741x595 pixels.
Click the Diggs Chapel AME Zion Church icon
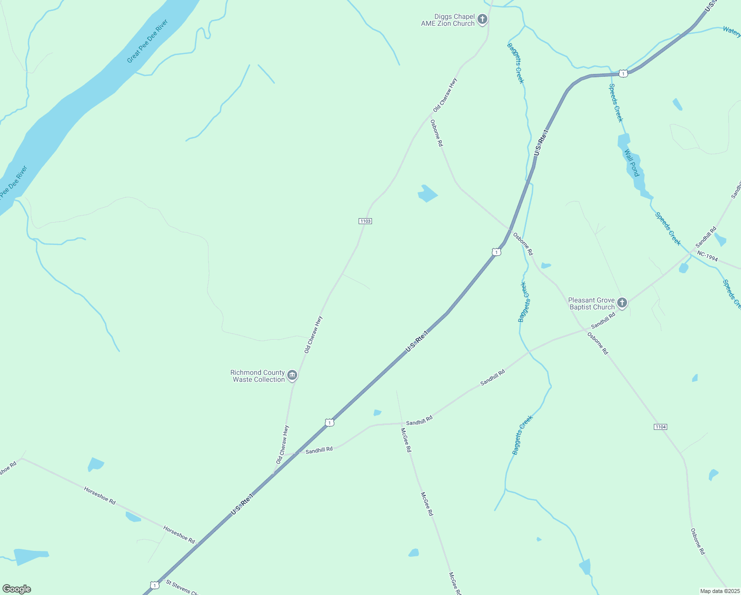pyautogui.click(x=482, y=20)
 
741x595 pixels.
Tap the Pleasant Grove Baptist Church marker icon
pyautogui.click(x=622, y=303)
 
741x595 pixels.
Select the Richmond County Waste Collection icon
pyautogui.click(x=292, y=375)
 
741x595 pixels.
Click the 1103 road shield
pyautogui.click(x=365, y=221)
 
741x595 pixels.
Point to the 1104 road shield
pyautogui.click(x=660, y=427)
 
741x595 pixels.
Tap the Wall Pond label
pyautogui.click(x=632, y=163)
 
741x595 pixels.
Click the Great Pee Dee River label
pyautogui.click(x=148, y=41)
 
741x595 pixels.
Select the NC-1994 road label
pyautogui.click(x=707, y=256)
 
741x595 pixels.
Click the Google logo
pyautogui.click(x=17, y=589)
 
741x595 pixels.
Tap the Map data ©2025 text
pyautogui.click(x=719, y=591)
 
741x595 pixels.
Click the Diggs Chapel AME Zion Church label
pyautogui.click(x=448, y=20)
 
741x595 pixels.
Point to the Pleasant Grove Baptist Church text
pyautogui.click(x=591, y=303)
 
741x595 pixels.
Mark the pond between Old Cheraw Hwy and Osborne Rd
pyautogui.click(x=427, y=193)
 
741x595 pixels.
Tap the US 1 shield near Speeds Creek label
pyautogui.click(x=623, y=73)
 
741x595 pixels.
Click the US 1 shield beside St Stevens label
pyautogui.click(x=155, y=585)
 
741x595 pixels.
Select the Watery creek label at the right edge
pyautogui.click(x=732, y=31)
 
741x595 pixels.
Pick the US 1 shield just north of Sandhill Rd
pyautogui.click(x=329, y=422)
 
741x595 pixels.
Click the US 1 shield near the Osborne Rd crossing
pyautogui.click(x=496, y=252)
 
